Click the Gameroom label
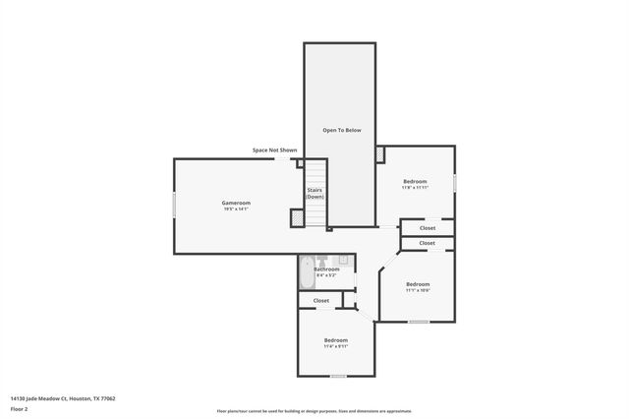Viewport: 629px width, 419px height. tap(236, 203)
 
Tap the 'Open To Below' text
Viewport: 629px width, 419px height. tap(342, 130)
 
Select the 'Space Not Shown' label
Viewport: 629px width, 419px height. tap(274, 150)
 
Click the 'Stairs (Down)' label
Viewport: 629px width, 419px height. tap(314, 194)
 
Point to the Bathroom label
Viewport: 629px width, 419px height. tap(326, 269)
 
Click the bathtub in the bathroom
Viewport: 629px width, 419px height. tap(306, 271)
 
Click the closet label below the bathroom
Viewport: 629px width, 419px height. tap(321, 300)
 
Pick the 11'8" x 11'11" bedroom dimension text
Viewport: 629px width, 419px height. tap(416, 188)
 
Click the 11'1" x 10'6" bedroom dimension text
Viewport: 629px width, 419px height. tap(418, 290)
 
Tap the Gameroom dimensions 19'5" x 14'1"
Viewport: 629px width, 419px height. tap(236, 209)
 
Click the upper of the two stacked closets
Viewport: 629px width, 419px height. tap(427, 227)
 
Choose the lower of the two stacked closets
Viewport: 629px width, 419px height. tap(427, 243)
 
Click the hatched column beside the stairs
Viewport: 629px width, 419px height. tap(296, 218)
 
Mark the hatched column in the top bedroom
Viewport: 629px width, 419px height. tap(380, 154)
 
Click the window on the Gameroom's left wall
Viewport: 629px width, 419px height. tap(175, 205)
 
